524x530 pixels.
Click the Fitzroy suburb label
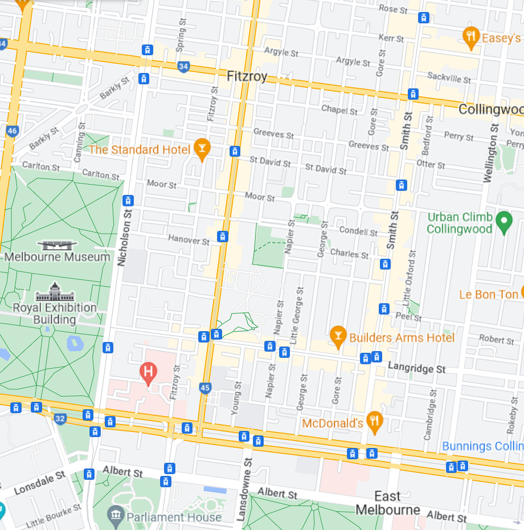pyautogui.click(x=247, y=76)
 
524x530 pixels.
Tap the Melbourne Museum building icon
pyautogui.click(x=56, y=245)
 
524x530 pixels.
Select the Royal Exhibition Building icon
pyautogui.click(x=55, y=292)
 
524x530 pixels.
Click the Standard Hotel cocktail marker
pyautogui.click(x=202, y=149)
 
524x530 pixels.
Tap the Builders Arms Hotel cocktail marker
pyautogui.click(x=338, y=337)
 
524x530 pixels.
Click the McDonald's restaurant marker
pyautogui.click(x=374, y=422)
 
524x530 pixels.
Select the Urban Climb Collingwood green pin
pyautogui.click(x=504, y=222)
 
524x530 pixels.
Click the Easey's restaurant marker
pyautogui.click(x=470, y=38)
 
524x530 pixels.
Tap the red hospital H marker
pyautogui.click(x=148, y=373)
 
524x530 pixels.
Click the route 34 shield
pyautogui.click(x=183, y=67)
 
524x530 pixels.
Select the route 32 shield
pyautogui.click(x=60, y=419)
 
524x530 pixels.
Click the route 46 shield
pyautogui.click(x=13, y=131)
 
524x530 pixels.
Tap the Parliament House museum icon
pyautogui.click(x=117, y=516)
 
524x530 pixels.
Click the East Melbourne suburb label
pyautogui.click(x=388, y=503)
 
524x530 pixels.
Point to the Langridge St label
pyautogui.click(x=416, y=369)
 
